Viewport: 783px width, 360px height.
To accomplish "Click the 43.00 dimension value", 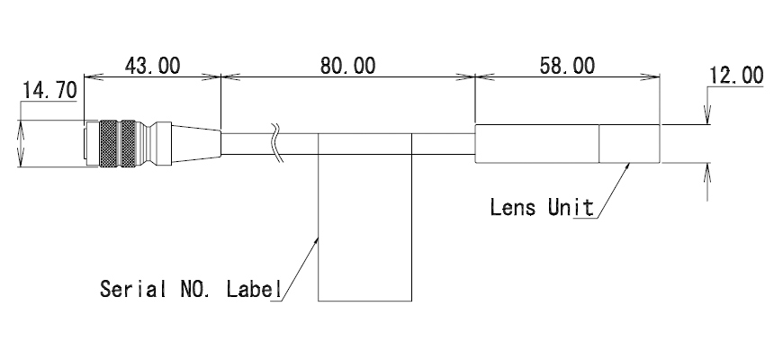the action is point(152,66).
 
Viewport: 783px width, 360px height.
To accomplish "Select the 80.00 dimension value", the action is point(347,66).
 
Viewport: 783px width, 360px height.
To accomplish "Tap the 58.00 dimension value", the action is point(567,66).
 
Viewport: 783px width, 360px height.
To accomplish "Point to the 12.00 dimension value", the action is point(736,76).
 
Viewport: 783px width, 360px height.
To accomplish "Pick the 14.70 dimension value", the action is point(49,91).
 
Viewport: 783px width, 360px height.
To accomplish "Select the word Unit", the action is point(571,207).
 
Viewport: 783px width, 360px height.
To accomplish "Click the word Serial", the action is point(133,289).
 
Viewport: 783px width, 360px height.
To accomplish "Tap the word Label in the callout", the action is point(254,289).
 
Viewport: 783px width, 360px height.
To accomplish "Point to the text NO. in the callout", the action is point(197,289).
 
